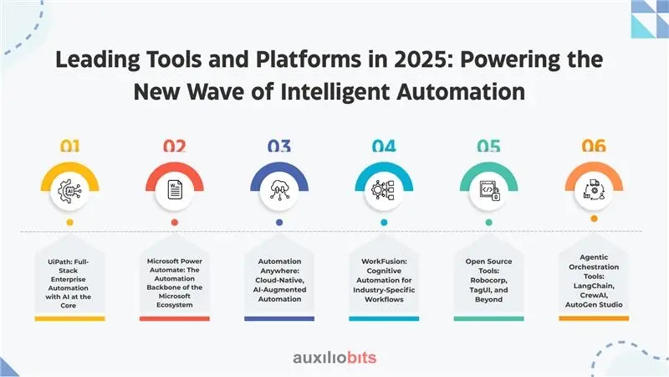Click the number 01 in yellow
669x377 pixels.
70,146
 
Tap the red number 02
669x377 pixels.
175,146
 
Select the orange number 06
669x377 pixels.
594,146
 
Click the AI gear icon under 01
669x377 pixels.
70,191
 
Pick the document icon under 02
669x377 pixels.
175,190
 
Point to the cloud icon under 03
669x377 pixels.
279,190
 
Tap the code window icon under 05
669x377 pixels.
489,191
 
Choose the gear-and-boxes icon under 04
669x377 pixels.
383,190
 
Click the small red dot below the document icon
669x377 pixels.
175,222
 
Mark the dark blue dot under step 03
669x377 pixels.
279,222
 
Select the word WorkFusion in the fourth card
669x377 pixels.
384,261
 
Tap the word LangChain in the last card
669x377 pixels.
594,286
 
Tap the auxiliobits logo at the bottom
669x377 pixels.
334,358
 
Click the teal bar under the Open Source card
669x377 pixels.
489,318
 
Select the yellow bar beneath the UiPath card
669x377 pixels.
70,318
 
